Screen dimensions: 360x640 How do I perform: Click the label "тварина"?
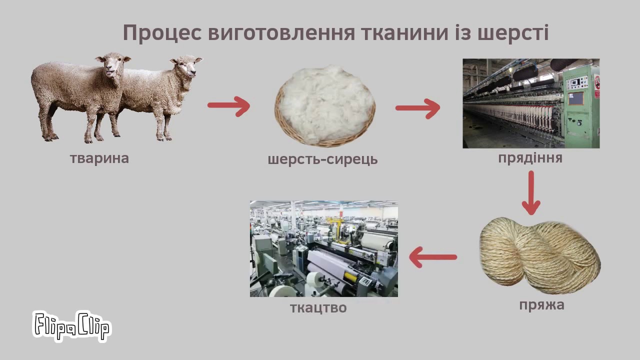click(99, 158)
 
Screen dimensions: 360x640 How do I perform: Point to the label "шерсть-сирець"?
click(322, 159)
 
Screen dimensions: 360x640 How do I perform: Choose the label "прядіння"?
click(530, 158)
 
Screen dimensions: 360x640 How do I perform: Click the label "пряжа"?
click(541, 305)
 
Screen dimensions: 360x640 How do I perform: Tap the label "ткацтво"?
click(318, 307)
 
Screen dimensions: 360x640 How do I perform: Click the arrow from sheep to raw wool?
click(228, 105)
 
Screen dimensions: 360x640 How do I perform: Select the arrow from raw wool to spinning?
click(417, 107)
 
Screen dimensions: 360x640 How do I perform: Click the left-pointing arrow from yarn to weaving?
click(432, 257)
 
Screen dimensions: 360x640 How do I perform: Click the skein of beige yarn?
click(540, 255)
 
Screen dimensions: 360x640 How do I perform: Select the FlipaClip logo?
click(71, 325)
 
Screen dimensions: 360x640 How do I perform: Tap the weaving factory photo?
click(323, 248)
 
